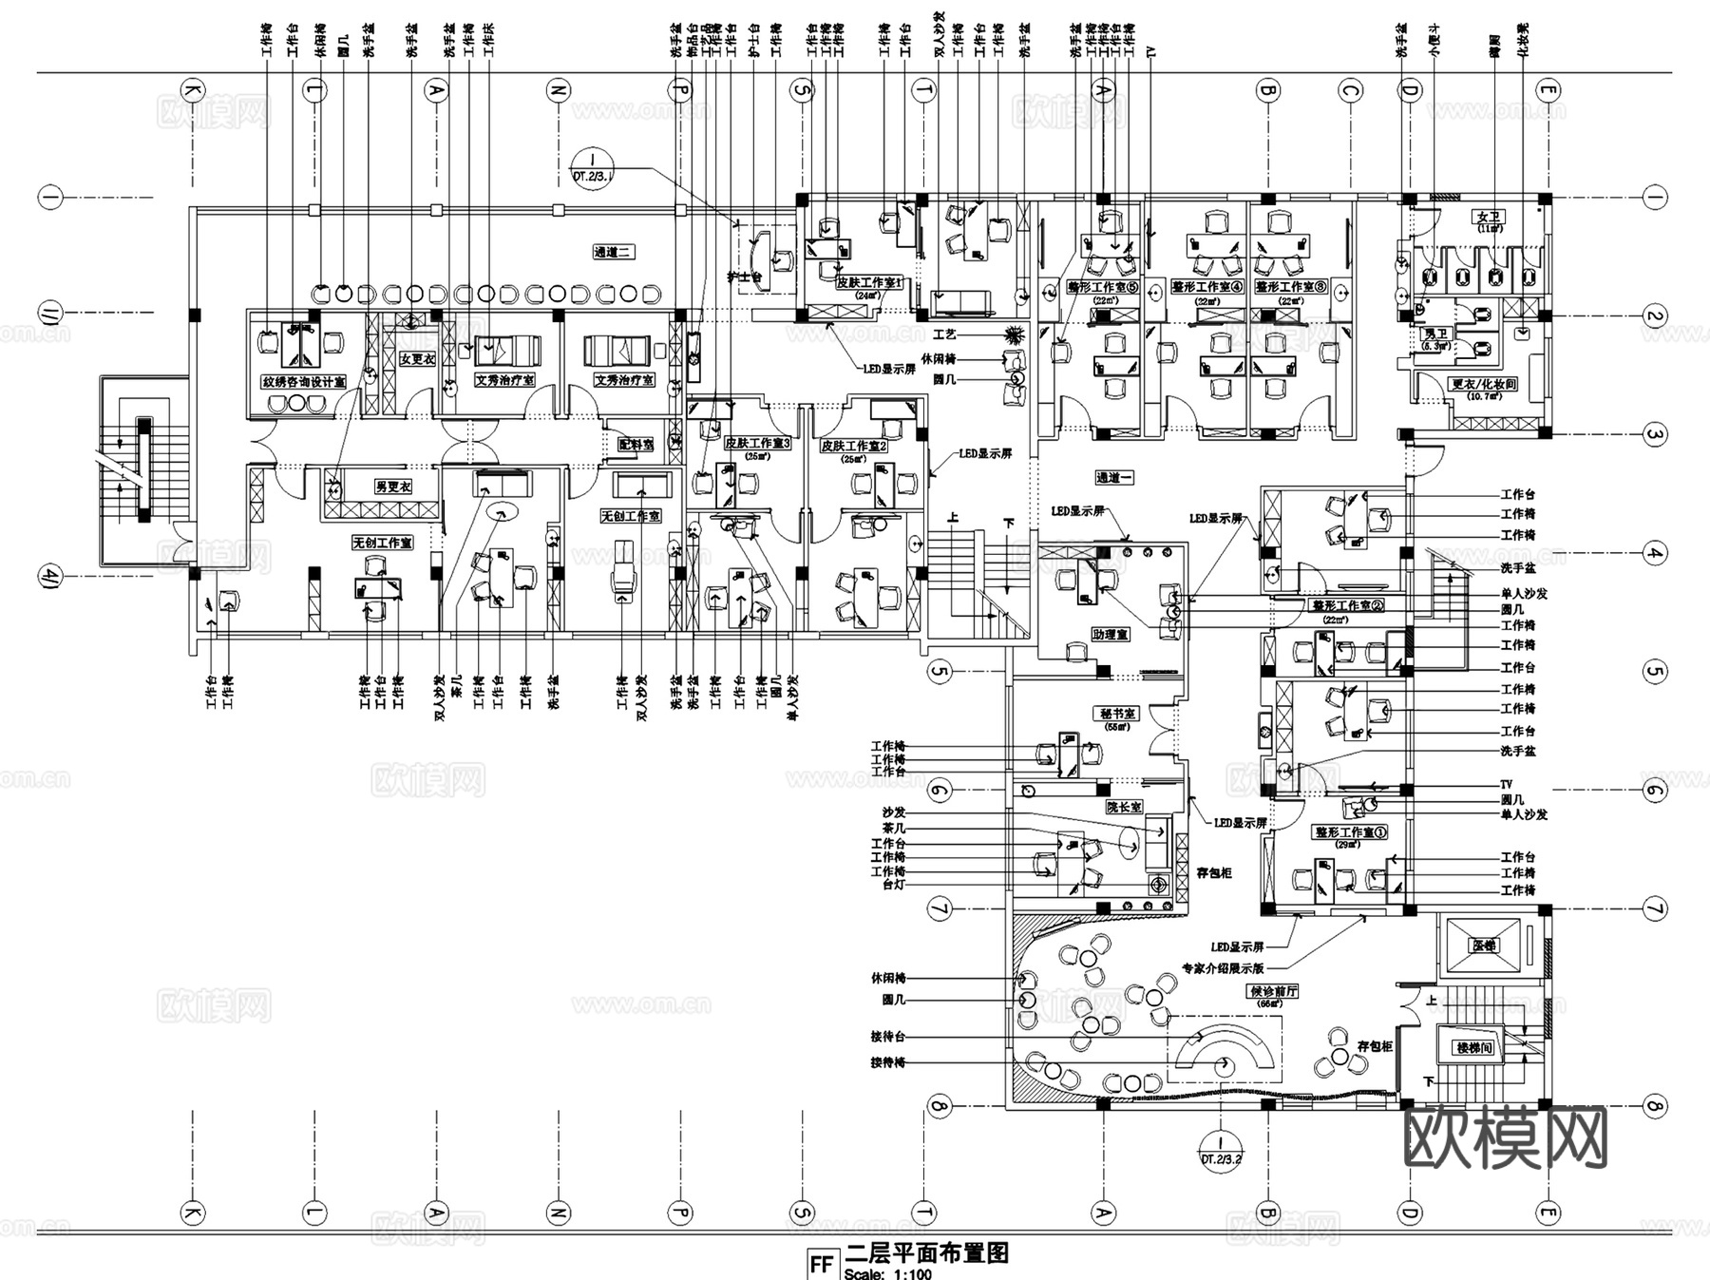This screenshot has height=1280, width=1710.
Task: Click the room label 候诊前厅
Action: pos(1273,991)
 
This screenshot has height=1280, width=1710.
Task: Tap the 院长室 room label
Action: pos(1124,807)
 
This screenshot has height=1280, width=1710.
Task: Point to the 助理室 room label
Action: pos(1110,634)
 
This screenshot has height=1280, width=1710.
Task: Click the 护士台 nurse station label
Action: pos(750,277)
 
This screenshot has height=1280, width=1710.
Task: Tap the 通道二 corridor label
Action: pos(613,253)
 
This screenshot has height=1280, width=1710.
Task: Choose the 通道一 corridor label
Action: pos(1115,478)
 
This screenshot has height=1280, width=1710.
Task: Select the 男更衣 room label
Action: pos(392,487)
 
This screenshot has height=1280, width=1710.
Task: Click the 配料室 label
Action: pos(636,444)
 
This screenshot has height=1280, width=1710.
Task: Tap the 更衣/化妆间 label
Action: pos(1483,385)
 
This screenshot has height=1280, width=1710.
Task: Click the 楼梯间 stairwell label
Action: pos(1473,1048)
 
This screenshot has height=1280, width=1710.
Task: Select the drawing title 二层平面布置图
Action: pos(926,1253)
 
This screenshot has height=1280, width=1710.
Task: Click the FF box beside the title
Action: pos(821,1265)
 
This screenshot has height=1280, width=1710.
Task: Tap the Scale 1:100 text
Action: pos(887,1273)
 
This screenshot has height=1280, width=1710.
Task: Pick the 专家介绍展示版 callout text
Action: pos(1222,969)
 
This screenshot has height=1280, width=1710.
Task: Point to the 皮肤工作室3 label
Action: pos(757,444)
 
